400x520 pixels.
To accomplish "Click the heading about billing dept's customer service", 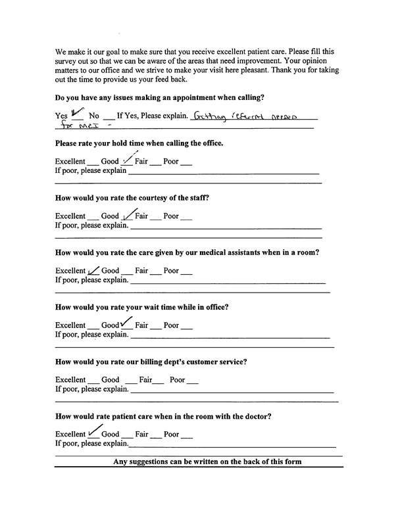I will [x=151, y=362].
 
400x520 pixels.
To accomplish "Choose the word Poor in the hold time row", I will [x=171, y=162].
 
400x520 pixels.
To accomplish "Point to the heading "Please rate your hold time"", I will [x=139, y=143].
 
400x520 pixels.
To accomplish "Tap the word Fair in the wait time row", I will [x=141, y=325].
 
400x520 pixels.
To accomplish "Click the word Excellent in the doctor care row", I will [x=70, y=435].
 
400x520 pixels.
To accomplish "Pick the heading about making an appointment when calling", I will [x=160, y=98].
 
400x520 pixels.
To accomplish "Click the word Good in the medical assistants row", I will [x=111, y=271].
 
